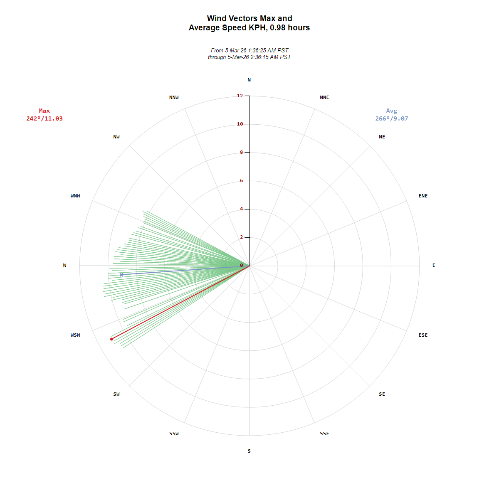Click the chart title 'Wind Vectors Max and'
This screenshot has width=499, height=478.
coord(249,18)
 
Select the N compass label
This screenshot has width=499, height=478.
coord(249,80)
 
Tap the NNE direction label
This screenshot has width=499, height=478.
coord(324,97)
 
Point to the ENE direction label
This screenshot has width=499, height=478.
coord(423,196)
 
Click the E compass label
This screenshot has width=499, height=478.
coord(434,265)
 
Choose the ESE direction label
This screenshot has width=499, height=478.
coord(423,335)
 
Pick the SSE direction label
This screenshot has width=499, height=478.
coord(324,434)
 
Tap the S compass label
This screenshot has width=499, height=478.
coord(249,451)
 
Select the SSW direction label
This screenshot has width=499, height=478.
coord(174,434)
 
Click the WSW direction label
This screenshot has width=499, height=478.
coord(75,335)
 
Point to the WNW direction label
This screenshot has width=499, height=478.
coord(75,196)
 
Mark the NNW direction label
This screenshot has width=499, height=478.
coord(174,97)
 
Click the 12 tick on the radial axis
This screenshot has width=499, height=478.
coord(240,96)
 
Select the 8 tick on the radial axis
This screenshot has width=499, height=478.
coord(241,152)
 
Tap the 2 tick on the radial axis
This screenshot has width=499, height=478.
coord(241,237)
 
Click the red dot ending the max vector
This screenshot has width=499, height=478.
coord(111,339)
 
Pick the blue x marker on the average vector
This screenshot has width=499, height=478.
coord(121,275)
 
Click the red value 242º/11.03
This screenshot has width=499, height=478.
coord(44,118)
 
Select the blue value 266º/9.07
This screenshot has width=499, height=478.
coord(392,118)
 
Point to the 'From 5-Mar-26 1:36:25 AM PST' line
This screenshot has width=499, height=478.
coord(249,50)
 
